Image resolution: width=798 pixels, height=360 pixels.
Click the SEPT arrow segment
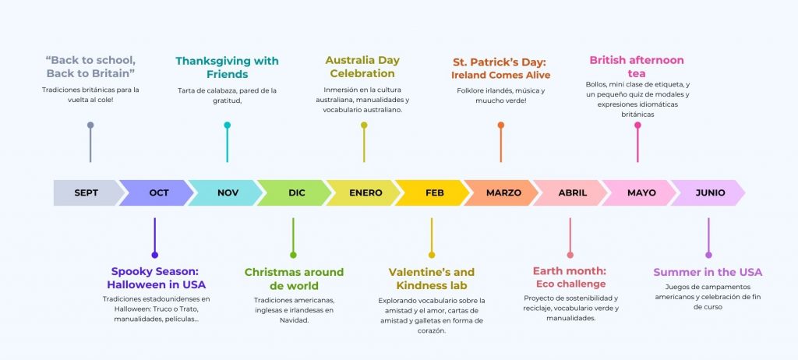tap(87, 193)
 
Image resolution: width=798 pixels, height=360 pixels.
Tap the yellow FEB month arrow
tap(433, 193)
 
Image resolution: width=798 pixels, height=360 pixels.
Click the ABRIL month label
tap(573, 193)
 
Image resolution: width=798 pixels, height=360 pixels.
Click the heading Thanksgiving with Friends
tap(227, 68)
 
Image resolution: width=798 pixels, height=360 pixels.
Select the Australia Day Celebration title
tap(362, 67)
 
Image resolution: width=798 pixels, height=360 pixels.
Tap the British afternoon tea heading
tap(637, 67)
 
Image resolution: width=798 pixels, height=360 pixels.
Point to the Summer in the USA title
tap(708, 273)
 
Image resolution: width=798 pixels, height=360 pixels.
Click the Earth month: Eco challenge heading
tap(570, 277)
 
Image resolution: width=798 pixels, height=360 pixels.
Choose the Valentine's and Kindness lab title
tap(432, 278)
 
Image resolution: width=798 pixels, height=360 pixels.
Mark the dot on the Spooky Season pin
tap(155, 255)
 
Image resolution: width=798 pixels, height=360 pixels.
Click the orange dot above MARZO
tap(501, 125)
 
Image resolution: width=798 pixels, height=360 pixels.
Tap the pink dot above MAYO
tap(637, 125)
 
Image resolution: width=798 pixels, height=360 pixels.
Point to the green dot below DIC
tap(293, 255)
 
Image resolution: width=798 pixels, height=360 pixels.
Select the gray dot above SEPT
tap(90, 125)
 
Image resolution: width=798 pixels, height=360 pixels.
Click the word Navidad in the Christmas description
tap(294, 321)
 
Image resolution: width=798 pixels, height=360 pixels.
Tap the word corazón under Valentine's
tap(432, 331)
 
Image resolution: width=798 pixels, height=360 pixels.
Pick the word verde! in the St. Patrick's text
tap(515, 101)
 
